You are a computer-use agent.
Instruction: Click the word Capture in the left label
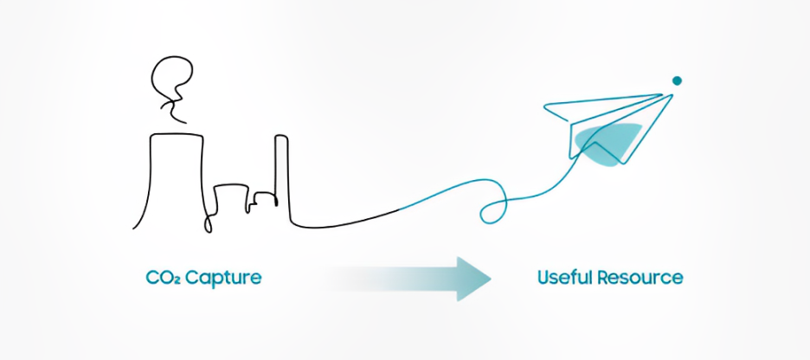(x=227, y=279)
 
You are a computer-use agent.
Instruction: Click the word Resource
(x=644, y=278)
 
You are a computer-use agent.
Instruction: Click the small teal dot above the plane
(x=677, y=80)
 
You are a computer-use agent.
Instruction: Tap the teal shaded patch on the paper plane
(x=610, y=139)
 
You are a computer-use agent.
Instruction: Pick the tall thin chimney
(x=281, y=177)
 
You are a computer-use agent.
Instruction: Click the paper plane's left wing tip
(x=545, y=109)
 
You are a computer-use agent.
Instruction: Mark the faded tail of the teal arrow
(x=346, y=278)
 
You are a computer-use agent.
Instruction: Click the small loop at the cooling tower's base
(x=208, y=223)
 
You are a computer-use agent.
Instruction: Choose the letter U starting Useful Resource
(x=543, y=278)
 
